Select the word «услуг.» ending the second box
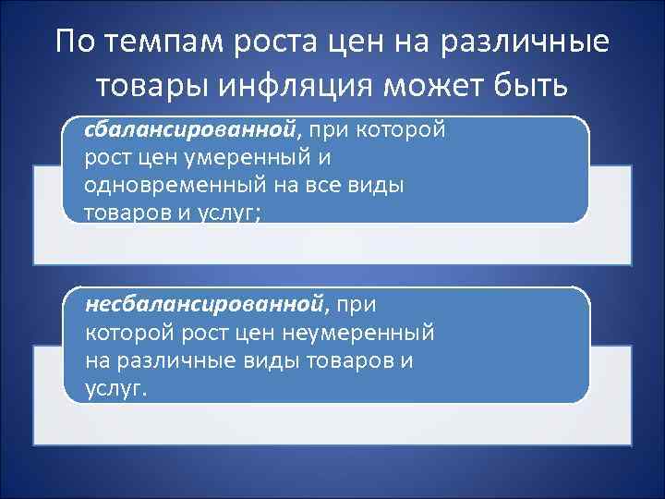pyautogui.click(x=115, y=388)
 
